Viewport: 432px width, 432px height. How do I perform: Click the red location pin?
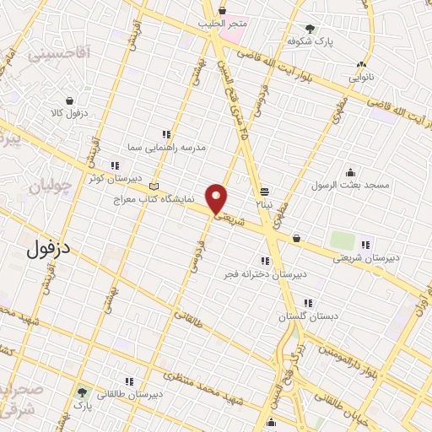(217, 197)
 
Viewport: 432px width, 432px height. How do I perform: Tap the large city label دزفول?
(46, 248)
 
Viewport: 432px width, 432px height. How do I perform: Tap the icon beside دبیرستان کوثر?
(113, 165)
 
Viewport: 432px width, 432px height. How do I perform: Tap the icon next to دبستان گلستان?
(308, 303)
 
